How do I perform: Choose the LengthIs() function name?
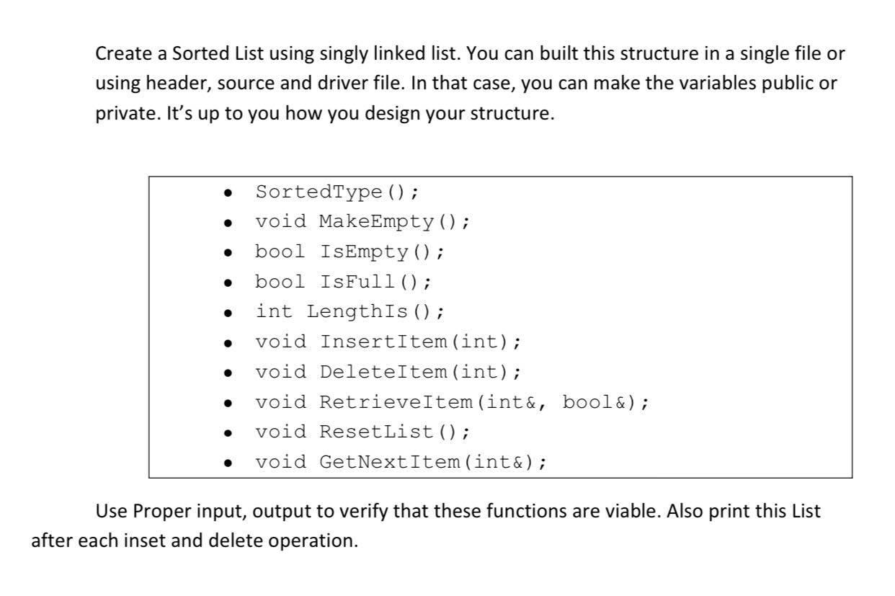(368, 312)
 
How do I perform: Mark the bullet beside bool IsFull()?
(228, 283)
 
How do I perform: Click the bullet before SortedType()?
(228, 194)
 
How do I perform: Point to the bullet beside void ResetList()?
(228, 433)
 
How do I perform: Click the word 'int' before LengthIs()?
(275, 312)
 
